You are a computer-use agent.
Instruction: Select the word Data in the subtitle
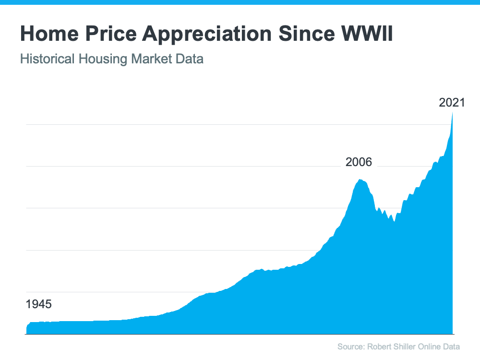tap(191, 60)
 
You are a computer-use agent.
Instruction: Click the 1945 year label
tap(38, 304)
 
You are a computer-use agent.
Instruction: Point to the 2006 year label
tap(359, 162)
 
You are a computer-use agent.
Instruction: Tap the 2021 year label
tap(452, 102)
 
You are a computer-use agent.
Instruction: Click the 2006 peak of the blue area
tap(360, 180)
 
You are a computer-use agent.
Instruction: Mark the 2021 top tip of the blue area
tap(453, 113)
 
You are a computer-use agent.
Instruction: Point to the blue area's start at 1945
tap(27, 328)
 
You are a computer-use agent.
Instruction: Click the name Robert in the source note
tap(379, 347)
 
